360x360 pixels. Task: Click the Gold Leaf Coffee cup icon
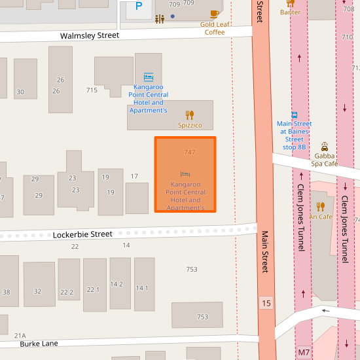click(x=214, y=14)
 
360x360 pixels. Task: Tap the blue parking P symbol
click(x=138, y=7)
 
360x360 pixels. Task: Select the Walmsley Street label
click(x=90, y=35)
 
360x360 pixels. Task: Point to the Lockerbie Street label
click(x=82, y=234)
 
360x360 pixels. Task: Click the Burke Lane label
click(x=39, y=343)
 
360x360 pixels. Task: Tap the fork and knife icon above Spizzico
click(x=190, y=115)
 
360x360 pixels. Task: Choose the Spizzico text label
click(x=190, y=125)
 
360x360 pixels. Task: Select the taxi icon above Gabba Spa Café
click(x=325, y=146)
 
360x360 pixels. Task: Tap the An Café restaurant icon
click(x=321, y=207)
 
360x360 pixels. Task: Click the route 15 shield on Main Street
click(x=265, y=302)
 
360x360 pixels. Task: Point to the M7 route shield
click(x=304, y=352)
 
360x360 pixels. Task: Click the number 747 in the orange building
click(x=190, y=152)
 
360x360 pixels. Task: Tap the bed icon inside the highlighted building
click(x=185, y=173)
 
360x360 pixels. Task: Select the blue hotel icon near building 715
click(x=149, y=77)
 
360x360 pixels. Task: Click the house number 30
click(x=20, y=92)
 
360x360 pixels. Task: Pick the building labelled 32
click(x=37, y=291)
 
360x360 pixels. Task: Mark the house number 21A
click(x=20, y=335)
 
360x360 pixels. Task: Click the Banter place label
click(x=290, y=12)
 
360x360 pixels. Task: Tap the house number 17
click(x=134, y=176)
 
